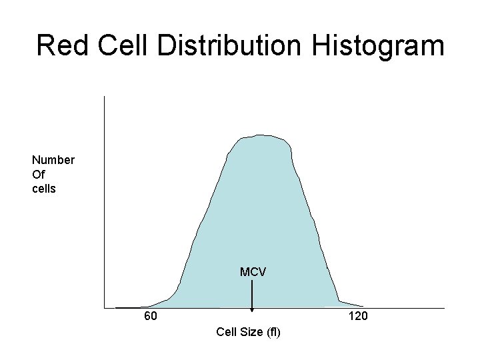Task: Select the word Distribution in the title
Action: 226,46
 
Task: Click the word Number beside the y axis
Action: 53,160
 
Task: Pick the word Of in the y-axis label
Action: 38,174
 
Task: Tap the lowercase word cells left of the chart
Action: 44,189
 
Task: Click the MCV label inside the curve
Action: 253,272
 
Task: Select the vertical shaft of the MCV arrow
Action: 252,293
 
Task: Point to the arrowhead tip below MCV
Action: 252,310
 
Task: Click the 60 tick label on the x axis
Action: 151,316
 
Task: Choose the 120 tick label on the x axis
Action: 358,316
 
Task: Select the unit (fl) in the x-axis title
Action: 273,332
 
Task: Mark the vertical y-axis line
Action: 105,200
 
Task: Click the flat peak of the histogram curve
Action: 261,137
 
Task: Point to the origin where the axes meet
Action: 105,309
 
